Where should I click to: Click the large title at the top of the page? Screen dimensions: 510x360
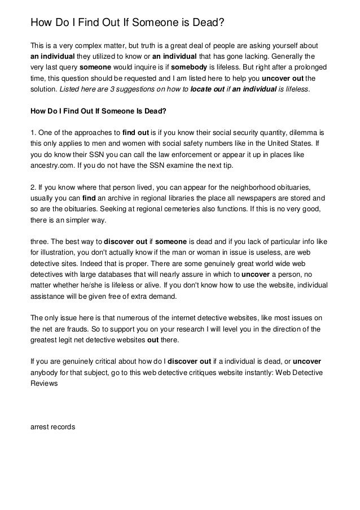click(x=128, y=23)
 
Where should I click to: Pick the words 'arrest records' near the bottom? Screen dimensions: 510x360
click(x=52, y=428)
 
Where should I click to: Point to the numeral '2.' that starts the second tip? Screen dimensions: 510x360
click(x=33, y=186)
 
